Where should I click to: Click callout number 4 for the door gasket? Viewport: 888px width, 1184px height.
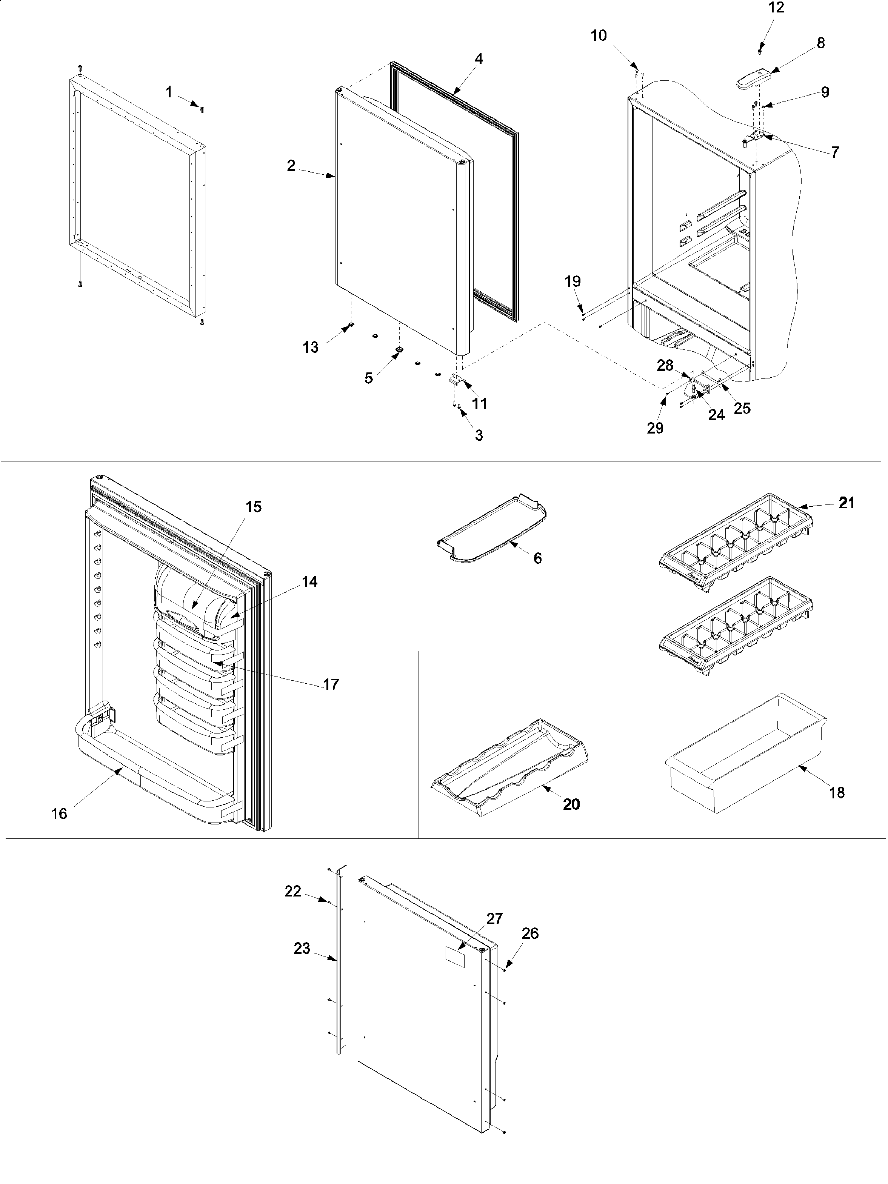479,59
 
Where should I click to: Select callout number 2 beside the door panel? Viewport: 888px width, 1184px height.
291,166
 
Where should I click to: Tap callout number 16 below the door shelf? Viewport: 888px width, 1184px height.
59,813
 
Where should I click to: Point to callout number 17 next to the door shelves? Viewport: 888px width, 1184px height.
331,684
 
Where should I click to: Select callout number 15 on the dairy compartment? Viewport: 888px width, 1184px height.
254,507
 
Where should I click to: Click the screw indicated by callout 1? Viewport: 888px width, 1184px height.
202,110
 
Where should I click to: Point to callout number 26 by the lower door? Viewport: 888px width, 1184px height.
530,933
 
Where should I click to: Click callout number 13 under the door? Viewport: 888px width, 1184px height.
311,348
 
